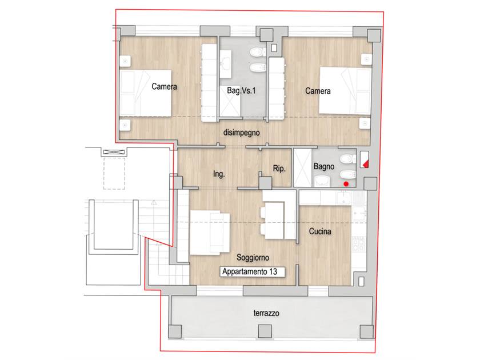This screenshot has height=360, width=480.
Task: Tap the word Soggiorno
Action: (253, 258)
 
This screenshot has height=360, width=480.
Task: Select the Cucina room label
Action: (320, 231)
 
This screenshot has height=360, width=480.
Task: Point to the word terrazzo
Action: (266, 313)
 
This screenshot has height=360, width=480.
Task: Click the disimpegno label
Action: (242, 133)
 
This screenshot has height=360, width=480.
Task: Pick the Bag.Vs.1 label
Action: (241, 90)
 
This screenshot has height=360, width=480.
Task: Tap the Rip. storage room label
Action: (279, 169)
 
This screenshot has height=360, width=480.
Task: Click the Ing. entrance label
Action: (219, 174)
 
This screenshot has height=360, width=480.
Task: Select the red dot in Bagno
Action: (346, 184)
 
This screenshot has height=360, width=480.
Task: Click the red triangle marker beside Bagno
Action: (366, 165)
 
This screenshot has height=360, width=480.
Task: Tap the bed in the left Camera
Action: (145, 93)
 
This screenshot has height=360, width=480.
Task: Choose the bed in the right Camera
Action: (345, 91)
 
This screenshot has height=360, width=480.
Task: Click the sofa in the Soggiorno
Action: (210, 233)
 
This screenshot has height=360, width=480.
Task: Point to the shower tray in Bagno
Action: (302, 168)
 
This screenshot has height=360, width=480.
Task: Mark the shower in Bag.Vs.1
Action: (230, 101)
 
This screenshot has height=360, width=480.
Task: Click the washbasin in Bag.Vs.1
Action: (225, 64)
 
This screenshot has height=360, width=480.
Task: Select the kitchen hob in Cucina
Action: (359, 245)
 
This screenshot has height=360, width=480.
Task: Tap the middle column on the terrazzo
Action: (265, 331)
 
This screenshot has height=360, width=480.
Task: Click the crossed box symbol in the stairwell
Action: (114, 152)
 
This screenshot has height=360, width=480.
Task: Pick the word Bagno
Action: (324, 166)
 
